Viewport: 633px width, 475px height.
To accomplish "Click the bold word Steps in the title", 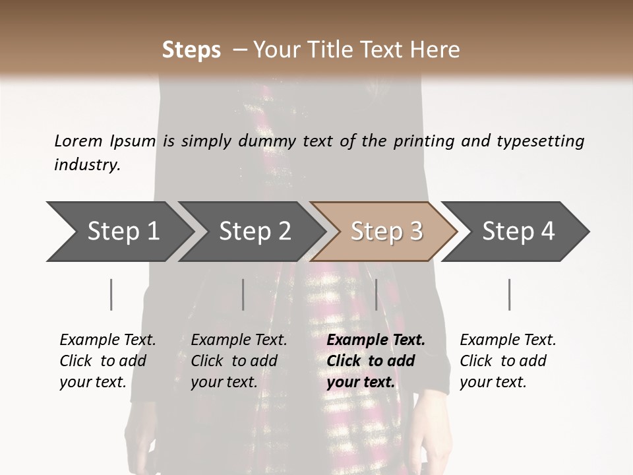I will [x=191, y=50].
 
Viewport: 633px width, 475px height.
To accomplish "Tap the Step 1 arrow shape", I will [x=119, y=232].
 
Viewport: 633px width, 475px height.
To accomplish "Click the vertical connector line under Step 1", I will [x=111, y=294].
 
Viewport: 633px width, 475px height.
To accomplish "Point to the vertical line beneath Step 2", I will [x=243, y=294].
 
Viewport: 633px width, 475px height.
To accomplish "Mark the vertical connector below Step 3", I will [x=377, y=294].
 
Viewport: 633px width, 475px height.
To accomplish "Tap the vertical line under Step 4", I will [x=510, y=294].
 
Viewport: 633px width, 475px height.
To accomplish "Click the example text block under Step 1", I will [x=107, y=361].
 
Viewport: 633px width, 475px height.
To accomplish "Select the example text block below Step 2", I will [x=239, y=361].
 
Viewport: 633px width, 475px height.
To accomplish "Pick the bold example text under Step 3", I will [x=376, y=361].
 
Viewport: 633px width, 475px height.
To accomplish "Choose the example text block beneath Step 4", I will [x=508, y=361].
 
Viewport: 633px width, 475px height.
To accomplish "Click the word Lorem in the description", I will [x=78, y=141].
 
